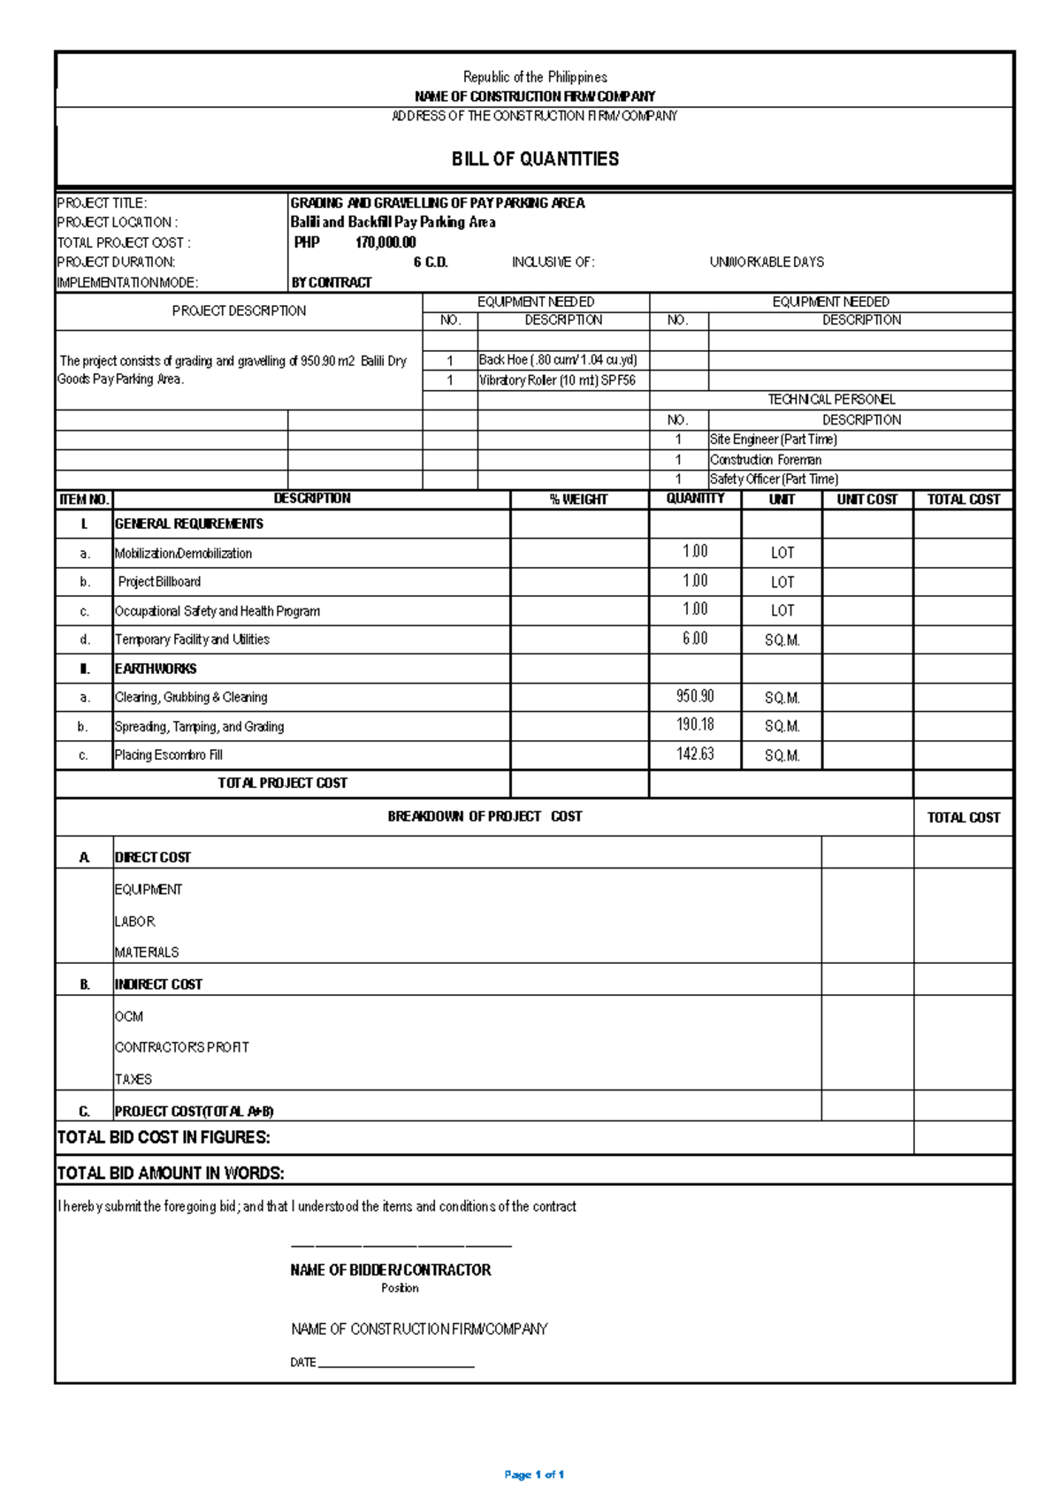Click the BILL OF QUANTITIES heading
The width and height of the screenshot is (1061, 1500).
click(x=535, y=159)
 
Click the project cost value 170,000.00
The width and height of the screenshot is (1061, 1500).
click(x=385, y=242)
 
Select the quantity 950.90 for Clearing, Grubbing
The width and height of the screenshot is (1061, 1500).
click(x=695, y=697)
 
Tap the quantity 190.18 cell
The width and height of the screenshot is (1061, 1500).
click(x=695, y=725)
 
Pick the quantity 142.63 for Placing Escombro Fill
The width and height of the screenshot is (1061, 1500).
click(x=695, y=754)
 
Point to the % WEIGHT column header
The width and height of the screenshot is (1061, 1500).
click(x=578, y=500)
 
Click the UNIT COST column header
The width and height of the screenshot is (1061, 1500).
click(x=866, y=500)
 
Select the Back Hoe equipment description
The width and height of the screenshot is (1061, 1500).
click(x=558, y=360)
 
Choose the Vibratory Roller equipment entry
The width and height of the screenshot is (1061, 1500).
click(x=557, y=380)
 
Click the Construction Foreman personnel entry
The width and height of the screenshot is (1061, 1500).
click(x=766, y=460)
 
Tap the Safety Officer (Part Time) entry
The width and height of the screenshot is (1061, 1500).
click(x=774, y=479)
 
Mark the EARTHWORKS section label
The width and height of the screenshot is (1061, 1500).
click(x=156, y=669)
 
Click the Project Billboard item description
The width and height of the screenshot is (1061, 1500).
click(x=159, y=582)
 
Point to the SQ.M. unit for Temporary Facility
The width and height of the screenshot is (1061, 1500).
click(x=782, y=640)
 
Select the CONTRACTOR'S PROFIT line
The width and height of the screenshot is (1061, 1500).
click(x=181, y=1047)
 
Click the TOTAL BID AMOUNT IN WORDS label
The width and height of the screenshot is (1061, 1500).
click(x=171, y=1174)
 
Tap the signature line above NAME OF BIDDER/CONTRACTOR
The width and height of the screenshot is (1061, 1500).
click(x=401, y=1246)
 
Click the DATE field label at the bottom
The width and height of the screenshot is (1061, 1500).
click(x=303, y=1363)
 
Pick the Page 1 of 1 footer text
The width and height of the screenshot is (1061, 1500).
click(x=534, y=1474)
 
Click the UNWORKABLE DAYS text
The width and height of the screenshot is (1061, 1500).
click(x=767, y=263)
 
